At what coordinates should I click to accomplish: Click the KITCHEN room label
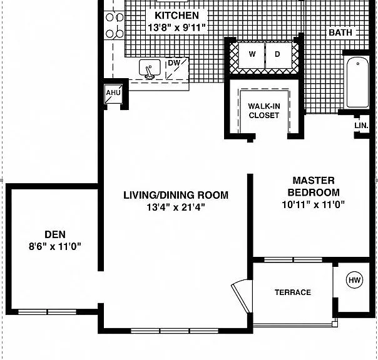176,16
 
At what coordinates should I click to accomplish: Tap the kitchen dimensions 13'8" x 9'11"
176,27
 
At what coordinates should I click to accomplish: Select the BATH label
340,32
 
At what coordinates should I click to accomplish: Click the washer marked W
252,55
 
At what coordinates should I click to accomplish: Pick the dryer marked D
278,55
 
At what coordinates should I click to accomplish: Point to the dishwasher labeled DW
177,69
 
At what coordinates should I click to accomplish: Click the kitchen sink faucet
149,72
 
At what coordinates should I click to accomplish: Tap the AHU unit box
113,93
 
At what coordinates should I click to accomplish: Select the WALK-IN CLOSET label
264,111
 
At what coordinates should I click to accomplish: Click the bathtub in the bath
358,82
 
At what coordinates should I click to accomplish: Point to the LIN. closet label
361,126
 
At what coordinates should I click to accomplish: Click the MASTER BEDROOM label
314,186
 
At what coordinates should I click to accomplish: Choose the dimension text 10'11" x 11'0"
314,204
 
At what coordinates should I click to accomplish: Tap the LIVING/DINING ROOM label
176,195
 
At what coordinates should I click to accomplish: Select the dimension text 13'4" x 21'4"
176,207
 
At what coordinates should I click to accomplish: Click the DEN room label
55,234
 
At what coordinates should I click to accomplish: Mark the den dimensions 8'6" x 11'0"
55,247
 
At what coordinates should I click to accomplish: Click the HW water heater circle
355,280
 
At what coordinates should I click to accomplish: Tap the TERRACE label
293,292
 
